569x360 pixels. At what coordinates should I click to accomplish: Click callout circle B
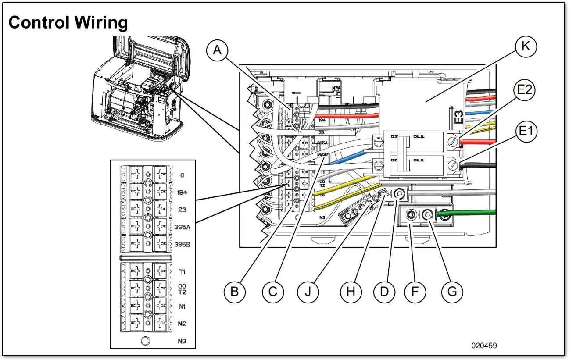[x=234, y=291]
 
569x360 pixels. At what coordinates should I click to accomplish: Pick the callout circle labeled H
[x=351, y=291]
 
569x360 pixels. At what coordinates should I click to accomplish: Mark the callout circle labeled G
[x=452, y=291]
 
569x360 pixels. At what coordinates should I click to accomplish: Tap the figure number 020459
[x=484, y=346]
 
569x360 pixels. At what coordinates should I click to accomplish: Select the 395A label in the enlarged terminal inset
[x=182, y=227]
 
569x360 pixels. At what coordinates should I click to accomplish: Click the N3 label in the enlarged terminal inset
[x=182, y=341]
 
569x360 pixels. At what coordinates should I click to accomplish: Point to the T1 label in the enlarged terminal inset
[x=182, y=272]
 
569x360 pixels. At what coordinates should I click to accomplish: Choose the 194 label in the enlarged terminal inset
[x=182, y=192]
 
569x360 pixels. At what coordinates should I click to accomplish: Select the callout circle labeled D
[x=384, y=291]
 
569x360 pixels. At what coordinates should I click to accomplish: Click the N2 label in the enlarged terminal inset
[x=182, y=324]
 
